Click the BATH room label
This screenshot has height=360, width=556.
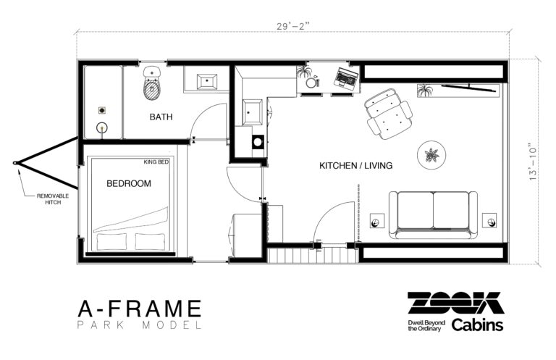pyautogui.click(x=161, y=117)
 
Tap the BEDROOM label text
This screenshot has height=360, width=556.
pyautogui.click(x=129, y=183)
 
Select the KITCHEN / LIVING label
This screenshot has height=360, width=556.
pyautogui.click(x=355, y=165)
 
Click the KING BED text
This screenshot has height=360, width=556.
pyautogui.click(x=156, y=162)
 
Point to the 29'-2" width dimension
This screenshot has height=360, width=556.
pyautogui.click(x=293, y=26)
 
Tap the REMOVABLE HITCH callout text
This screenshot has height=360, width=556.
pyautogui.click(x=53, y=199)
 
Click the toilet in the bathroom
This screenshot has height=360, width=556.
pyautogui.click(x=152, y=84)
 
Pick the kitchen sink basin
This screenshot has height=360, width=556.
pyautogui.click(x=252, y=112)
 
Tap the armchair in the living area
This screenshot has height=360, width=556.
pyautogui.click(x=388, y=114)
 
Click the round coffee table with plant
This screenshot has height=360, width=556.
pyautogui.click(x=431, y=155)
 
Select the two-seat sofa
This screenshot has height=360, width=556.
pyautogui.click(x=433, y=215)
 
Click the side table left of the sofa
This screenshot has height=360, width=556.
pyautogui.click(x=377, y=221)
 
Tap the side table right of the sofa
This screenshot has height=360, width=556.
pyautogui.click(x=489, y=220)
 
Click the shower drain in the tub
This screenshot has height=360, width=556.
pyautogui.click(x=102, y=111)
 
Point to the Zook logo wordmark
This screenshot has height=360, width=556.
pyautogui.click(x=455, y=304)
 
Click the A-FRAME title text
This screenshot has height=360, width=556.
pyautogui.click(x=140, y=309)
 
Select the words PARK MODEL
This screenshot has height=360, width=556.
pyautogui.click(x=140, y=325)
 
